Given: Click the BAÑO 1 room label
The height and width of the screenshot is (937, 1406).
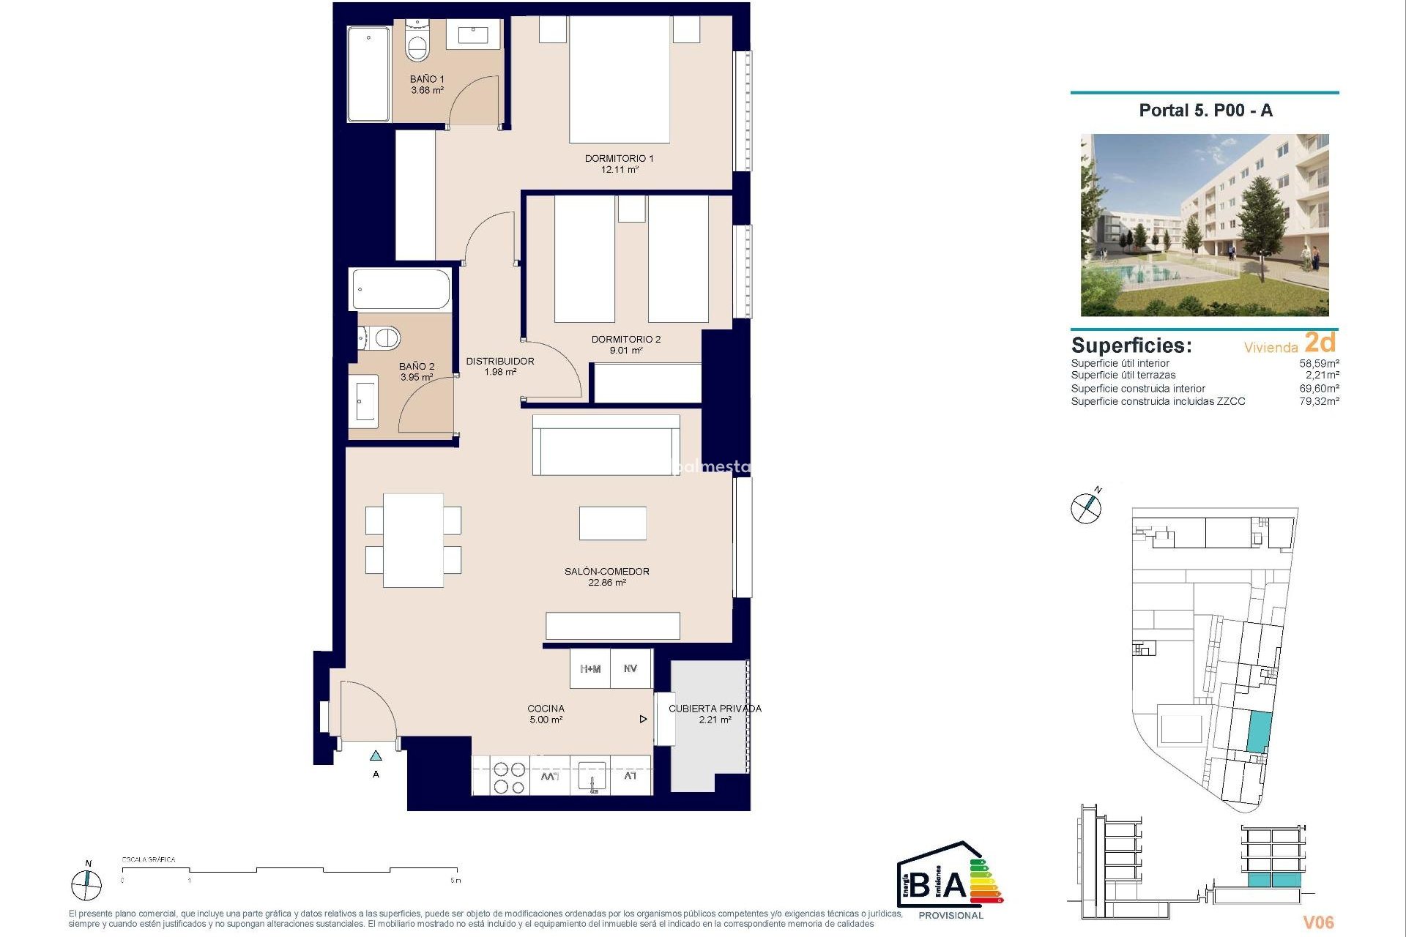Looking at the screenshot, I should pyautogui.click(x=427, y=79).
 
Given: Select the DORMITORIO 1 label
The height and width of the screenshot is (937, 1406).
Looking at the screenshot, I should pyautogui.click(x=619, y=158).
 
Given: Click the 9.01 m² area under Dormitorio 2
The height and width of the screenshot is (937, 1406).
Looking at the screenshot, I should pyautogui.click(x=626, y=351).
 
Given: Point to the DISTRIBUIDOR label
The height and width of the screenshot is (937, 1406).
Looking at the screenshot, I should pyautogui.click(x=500, y=361).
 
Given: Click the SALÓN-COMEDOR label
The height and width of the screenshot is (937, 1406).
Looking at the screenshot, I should pyautogui.click(x=606, y=571).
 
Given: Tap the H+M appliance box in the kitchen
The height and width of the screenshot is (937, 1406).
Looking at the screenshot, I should pyautogui.click(x=590, y=669).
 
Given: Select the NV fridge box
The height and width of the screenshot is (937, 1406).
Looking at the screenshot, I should pyautogui.click(x=631, y=669).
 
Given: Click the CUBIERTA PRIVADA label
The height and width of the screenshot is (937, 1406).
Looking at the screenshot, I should pyautogui.click(x=715, y=709).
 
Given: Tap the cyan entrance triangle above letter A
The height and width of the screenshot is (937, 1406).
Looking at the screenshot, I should pyautogui.click(x=376, y=755).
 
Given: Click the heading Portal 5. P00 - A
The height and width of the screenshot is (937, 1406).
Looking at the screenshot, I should pyautogui.click(x=1205, y=111).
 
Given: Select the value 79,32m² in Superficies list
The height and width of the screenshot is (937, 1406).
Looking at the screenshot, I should pyautogui.click(x=1319, y=401).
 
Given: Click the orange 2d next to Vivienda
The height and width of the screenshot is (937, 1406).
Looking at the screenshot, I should pyautogui.click(x=1320, y=343).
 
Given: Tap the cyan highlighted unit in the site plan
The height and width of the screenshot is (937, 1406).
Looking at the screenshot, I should pyautogui.click(x=1258, y=731).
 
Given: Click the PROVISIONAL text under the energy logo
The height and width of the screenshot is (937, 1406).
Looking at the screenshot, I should pyautogui.click(x=951, y=916).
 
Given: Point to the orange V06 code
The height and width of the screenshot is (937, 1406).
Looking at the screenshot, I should pyautogui.click(x=1318, y=922).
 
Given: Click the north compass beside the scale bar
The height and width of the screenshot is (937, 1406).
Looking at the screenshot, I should pyautogui.click(x=86, y=885).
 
